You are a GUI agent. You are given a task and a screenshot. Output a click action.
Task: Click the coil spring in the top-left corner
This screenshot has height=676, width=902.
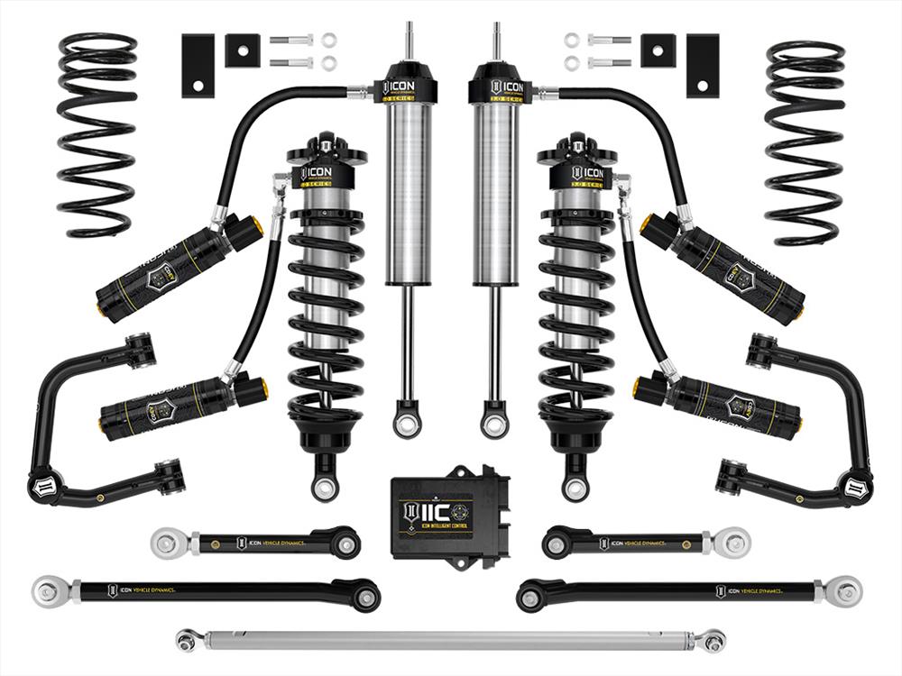click(x=97, y=135)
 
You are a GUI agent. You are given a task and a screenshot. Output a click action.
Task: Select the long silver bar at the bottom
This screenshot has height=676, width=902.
click(x=451, y=640)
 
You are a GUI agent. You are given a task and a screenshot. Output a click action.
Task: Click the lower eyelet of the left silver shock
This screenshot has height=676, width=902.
click(x=407, y=420)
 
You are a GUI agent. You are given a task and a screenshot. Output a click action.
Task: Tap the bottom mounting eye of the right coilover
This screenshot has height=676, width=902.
click(x=575, y=488)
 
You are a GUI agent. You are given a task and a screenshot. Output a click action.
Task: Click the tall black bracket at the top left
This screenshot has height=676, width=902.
click(x=197, y=66)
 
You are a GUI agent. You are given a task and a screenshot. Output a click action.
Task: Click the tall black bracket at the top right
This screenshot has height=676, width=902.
click(x=702, y=66)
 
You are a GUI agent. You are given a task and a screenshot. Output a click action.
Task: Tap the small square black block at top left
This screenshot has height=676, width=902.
click(x=241, y=50)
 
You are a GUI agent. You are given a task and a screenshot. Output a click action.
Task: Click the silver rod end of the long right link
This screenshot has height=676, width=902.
click(x=846, y=591)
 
